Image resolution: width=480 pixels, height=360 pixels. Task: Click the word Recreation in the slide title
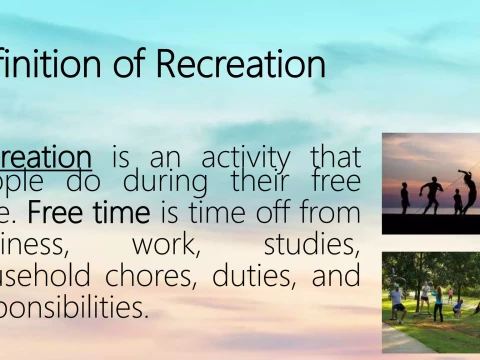(x=241, y=64)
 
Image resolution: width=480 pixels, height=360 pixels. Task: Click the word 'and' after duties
(x=335, y=275)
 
